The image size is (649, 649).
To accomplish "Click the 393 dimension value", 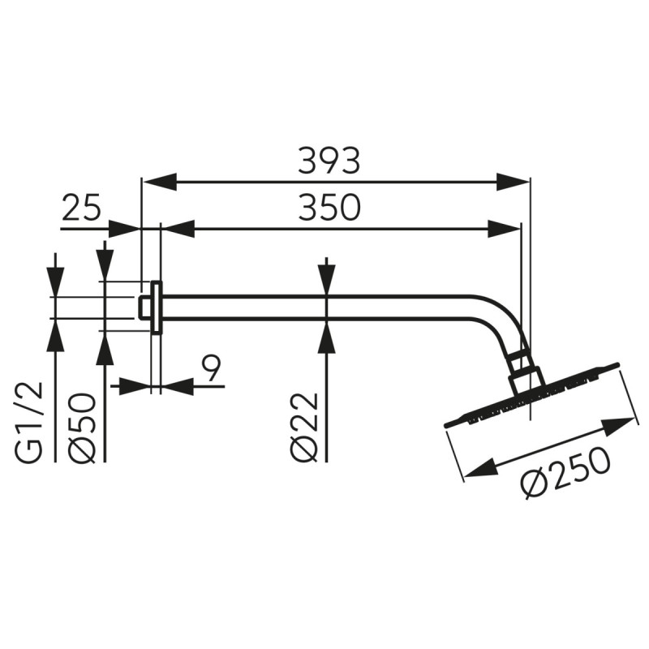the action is click(329, 160).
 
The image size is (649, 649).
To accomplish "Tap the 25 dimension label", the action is click(82, 207).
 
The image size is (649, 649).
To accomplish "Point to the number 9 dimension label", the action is click(212, 368).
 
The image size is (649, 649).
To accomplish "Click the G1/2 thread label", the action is click(30, 422).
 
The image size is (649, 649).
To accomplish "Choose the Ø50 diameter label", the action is click(82, 428).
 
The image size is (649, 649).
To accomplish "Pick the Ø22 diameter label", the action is click(305, 428).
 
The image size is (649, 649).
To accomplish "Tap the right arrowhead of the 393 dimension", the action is click(514, 181).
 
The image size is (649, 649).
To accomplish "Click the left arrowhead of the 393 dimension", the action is click(159, 181).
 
